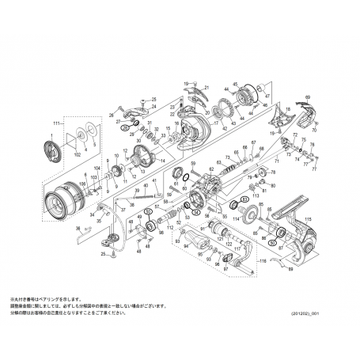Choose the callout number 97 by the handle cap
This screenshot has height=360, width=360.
225,268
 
